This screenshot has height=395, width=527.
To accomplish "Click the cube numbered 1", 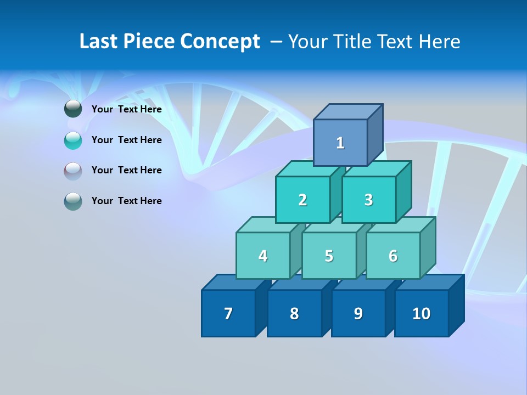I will [340, 143].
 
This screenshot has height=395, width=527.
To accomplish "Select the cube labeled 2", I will [302, 200].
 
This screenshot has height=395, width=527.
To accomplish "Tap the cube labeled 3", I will [368, 200].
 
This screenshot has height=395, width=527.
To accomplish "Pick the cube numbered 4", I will [263, 256].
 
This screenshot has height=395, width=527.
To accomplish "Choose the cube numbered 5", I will [329, 256].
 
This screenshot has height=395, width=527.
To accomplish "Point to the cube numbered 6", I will [393, 256].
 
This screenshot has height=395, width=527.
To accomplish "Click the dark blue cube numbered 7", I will [228, 313].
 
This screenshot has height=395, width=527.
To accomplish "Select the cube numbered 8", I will [294, 313].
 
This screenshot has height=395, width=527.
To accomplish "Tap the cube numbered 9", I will [358, 313].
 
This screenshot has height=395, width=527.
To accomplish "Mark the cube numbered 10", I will [421, 313].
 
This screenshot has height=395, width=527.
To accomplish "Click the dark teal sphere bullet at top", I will [73, 109].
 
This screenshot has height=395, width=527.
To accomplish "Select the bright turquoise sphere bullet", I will [73, 140].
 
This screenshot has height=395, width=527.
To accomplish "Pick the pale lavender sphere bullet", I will [73, 171].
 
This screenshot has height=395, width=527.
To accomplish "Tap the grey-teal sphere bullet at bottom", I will [73, 201].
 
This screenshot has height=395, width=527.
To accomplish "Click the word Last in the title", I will [98, 42].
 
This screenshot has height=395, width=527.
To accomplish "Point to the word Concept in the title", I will [220, 42].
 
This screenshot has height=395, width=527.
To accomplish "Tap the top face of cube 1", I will [348, 111].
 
